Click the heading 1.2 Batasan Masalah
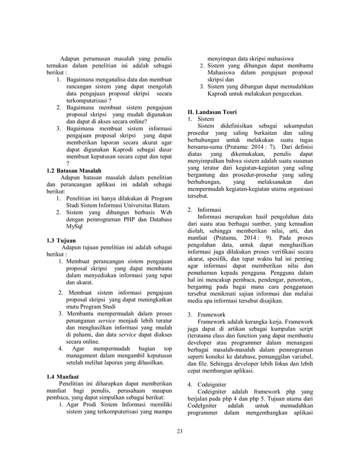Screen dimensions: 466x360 [74, 170]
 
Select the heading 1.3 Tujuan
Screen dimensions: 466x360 [60, 240]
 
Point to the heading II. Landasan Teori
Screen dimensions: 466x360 [212, 112]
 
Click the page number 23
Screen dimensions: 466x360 [179, 432]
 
